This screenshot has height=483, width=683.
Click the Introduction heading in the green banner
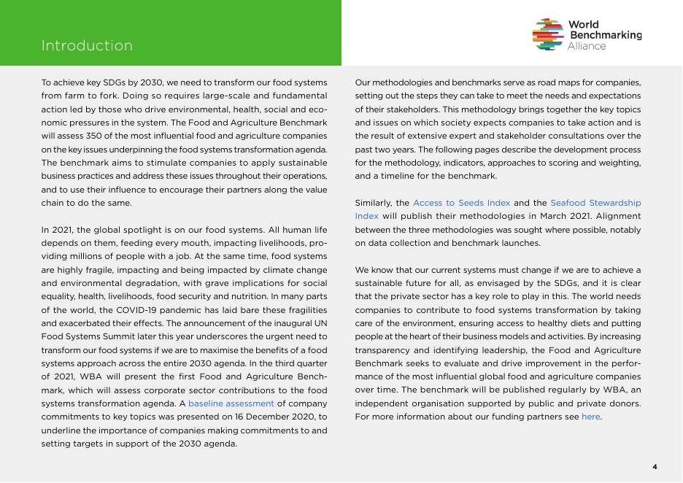coord(87,46)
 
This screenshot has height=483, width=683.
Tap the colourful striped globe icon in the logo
coord(548,34)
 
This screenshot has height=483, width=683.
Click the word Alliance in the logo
coord(587,46)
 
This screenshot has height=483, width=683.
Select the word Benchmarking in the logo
coord(605,35)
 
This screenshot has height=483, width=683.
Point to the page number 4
coord(655,467)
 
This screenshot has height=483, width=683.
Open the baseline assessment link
coord(231,403)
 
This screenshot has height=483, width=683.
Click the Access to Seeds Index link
coord(461,203)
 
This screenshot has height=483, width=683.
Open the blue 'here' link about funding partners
coord(590,417)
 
